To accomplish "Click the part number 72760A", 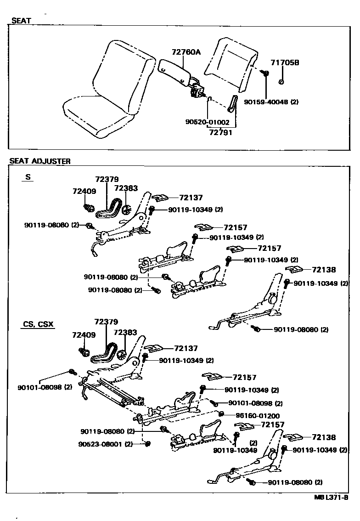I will pos(186,52).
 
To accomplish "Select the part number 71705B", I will pos(285,62).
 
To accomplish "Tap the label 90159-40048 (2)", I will pos(271,102).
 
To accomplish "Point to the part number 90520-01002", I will pos(207,122).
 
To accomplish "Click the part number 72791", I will pos(220,133).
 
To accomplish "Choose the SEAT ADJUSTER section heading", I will pos(40,161).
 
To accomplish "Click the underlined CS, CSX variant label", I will pos(39,324).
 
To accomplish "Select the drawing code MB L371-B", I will pos(331,498).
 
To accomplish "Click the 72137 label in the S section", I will pos(191,198).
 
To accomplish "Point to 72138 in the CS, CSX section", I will pos(324,437).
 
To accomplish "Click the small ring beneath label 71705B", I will pos(281,82).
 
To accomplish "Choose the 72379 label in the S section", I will pos(107,179).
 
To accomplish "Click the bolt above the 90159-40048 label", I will pos(265,73).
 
